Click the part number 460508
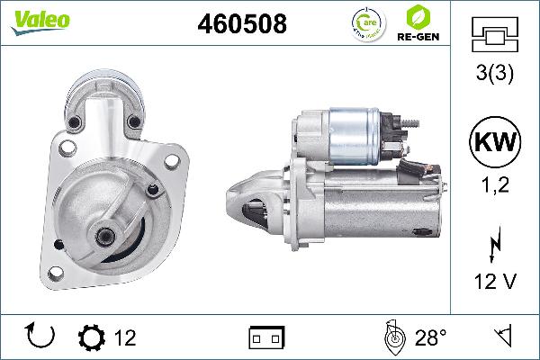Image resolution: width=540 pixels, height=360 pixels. coord(242,25)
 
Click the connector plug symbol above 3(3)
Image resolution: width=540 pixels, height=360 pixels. coord(493,37)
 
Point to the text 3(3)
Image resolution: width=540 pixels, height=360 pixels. coord(493,76)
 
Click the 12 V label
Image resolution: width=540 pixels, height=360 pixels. coord(493,282)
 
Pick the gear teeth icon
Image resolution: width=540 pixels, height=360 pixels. coord(91,337)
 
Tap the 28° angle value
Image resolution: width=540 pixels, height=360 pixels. coord(430,337)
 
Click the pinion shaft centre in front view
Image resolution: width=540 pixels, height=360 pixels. coord(106,236)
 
